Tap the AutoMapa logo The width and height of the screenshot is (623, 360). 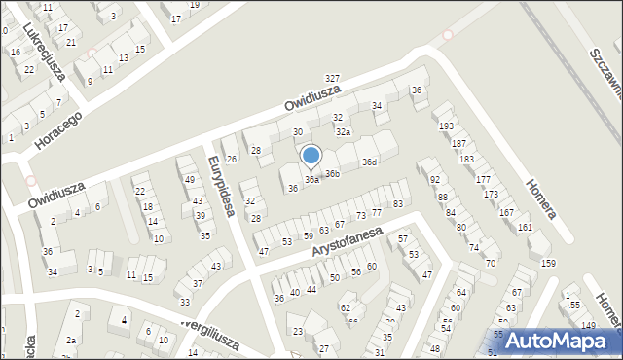pos(555,340)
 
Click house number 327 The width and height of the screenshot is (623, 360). pos(333,78)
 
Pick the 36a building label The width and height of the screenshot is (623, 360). pos(311,180)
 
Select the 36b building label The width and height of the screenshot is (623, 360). pos(332,174)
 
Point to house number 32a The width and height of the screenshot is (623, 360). pos(343,131)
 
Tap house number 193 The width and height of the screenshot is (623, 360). pos(446,126)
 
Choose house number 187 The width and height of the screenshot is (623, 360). pos(458,143)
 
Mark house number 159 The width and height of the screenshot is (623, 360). pos(548,263)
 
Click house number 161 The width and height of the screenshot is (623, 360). pos(526,227)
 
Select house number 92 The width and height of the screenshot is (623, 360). pos(434,180)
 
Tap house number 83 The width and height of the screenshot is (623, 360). pos(398,203)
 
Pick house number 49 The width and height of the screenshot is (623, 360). pos(189,180)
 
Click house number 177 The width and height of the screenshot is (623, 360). pos(483,180)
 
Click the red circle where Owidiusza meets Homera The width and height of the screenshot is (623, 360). pos(448,35)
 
